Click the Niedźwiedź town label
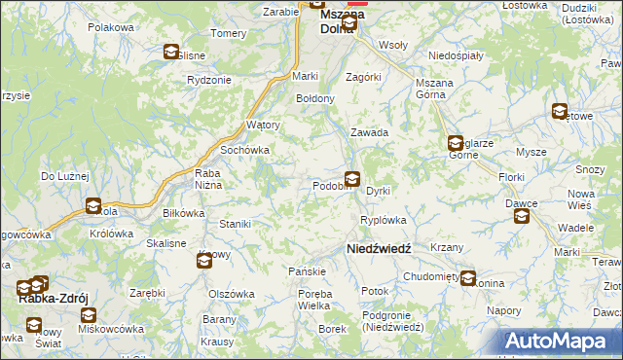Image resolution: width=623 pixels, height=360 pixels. pyautogui.click(x=380, y=249)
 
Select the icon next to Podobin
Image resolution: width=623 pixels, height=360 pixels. pyautogui.click(x=352, y=179)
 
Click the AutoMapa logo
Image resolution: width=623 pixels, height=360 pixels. pyautogui.click(x=562, y=342)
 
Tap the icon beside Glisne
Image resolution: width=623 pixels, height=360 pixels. pyautogui.click(x=171, y=53)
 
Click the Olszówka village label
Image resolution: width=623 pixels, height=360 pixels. pyautogui.click(x=231, y=293)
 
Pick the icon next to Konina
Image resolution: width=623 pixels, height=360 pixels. pyautogui.click(x=469, y=278)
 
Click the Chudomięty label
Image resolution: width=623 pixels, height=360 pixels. pyautogui.click(x=433, y=276)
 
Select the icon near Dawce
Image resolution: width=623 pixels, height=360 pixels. pyautogui.click(x=522, y=216)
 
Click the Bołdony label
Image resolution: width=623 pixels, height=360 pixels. pyautogui.click(x=315, y=99)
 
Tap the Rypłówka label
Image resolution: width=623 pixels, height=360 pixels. pyautogui.click(x=383, y=220)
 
